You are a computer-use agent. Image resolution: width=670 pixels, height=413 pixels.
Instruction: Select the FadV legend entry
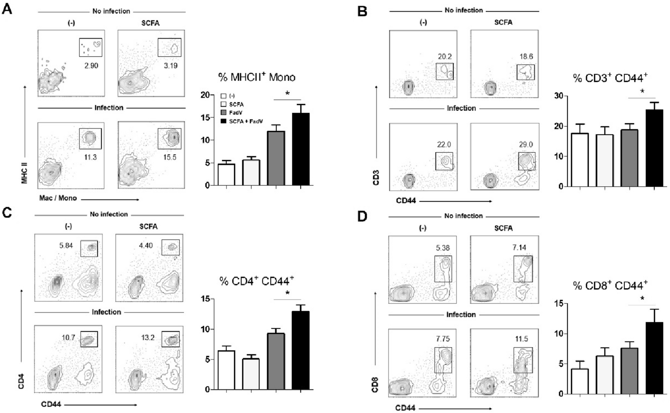(x=236, y=113)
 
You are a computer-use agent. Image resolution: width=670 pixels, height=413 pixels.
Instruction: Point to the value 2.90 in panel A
(x=91, y=66)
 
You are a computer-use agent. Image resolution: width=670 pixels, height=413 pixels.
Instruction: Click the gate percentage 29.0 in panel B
(x=526, y=145)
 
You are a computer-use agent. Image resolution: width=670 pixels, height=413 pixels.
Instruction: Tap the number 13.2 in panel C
(x=148, y=337)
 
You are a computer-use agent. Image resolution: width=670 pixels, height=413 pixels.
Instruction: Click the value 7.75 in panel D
(x=443, y=339)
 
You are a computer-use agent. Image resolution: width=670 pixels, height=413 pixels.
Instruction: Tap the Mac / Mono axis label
(x=58, y=198)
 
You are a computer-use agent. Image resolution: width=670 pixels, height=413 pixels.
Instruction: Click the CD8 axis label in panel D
(x=375, y=384)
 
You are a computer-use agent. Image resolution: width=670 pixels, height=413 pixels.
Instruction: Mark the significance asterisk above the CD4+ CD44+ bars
(x=287, y=293)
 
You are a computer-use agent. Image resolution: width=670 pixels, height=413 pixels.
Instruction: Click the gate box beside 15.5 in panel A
(x=170, y=139)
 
